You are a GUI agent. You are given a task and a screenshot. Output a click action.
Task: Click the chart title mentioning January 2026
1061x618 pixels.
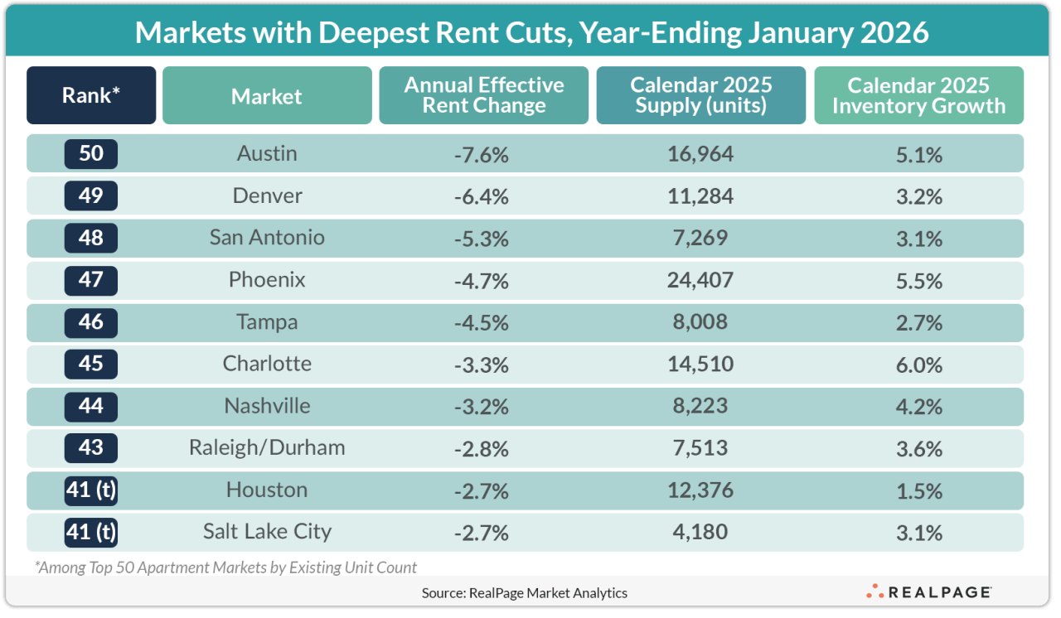[x=530, y=32]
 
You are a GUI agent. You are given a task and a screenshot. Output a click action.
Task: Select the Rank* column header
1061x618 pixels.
[x=91, y=96]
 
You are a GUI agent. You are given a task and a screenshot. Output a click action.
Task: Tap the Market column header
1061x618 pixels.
[x=267, y=96]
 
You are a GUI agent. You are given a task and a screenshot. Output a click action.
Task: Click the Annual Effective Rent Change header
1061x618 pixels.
[x=484, y=96]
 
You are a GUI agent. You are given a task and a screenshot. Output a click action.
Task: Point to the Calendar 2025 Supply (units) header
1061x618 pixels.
[x=700, y=96]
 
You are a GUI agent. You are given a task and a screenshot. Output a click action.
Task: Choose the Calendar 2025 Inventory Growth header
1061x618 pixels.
[x=918, y=96]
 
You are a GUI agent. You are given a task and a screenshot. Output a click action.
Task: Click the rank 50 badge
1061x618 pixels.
[x=91, y=154]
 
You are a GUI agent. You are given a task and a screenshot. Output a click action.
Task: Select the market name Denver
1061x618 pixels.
[x=267, y=196]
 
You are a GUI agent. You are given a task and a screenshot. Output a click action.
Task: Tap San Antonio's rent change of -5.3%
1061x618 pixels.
[x=481, y=239]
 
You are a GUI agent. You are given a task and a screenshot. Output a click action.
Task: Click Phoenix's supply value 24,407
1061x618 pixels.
[x=700, y=281]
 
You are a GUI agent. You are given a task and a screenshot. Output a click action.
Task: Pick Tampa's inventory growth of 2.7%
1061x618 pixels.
[x=918, y=322]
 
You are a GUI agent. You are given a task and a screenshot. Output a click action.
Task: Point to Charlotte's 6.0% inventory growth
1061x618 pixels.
[x=918, y=365]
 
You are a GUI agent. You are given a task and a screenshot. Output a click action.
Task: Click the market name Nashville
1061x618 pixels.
[x=267, y=407]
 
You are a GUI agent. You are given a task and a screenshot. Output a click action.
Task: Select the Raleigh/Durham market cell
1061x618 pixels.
[x=267, y=448]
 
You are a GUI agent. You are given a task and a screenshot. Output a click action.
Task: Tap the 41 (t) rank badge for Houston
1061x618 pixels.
[x=91, y=490]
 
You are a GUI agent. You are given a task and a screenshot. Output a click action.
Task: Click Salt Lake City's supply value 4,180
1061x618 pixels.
[x=700, y=532]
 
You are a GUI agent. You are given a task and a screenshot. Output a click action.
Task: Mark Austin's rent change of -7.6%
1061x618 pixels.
[x=481, y=154]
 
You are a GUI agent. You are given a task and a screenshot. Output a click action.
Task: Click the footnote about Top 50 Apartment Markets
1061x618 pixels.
[x=225, y=567]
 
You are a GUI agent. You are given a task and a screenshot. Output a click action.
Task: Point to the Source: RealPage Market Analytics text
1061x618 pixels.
[x=524, y=592]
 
